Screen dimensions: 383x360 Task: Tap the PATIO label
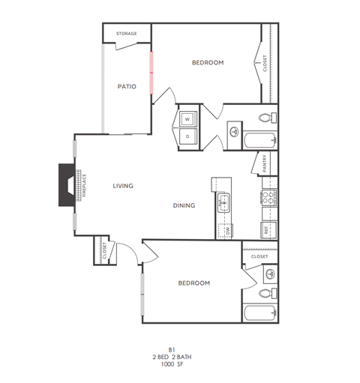coord(126,86)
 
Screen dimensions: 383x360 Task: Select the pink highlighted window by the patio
coord(151,71)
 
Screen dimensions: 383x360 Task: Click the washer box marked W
coord(187,118)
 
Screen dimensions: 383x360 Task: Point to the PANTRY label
coord(265,163)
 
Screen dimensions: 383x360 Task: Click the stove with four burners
coord(268,198)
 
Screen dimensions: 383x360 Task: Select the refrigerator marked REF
coord(267,230)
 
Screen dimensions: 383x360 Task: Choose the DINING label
coord(184,205)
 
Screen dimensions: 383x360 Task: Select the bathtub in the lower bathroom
coord(259,313)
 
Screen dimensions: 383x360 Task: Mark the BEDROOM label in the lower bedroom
coord(193,283)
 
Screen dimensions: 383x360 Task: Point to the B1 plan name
coord(171,349)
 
